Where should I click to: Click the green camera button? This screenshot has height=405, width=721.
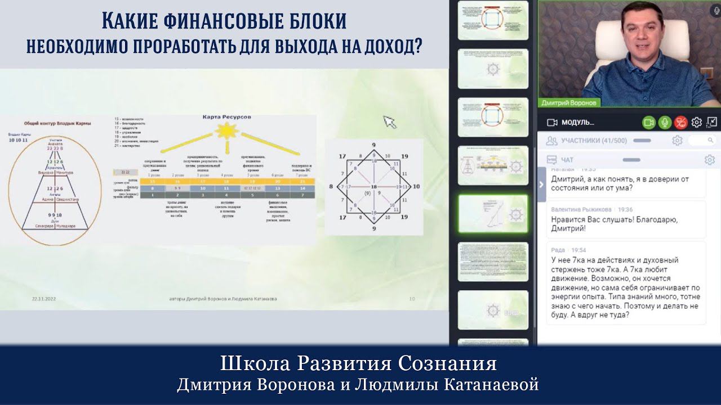[x=649, y=122]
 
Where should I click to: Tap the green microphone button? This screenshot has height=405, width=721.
[x=665, y=122]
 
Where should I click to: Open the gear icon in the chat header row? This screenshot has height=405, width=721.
[x=710, y=160]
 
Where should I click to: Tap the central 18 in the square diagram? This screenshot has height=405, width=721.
[x=373, y=186]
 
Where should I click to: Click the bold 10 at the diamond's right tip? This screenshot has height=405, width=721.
[x=416, y=186]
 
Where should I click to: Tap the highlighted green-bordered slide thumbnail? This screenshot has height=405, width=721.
[x=493, y=214]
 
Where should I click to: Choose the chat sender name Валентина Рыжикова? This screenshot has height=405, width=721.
[x=580, y=209]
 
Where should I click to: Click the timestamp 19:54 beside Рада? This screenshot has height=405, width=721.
[x=578, y=250]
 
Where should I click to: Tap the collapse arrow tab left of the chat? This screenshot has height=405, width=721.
[x=542, y=184]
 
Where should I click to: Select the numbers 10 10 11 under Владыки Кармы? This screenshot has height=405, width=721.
[x=19, y=139]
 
